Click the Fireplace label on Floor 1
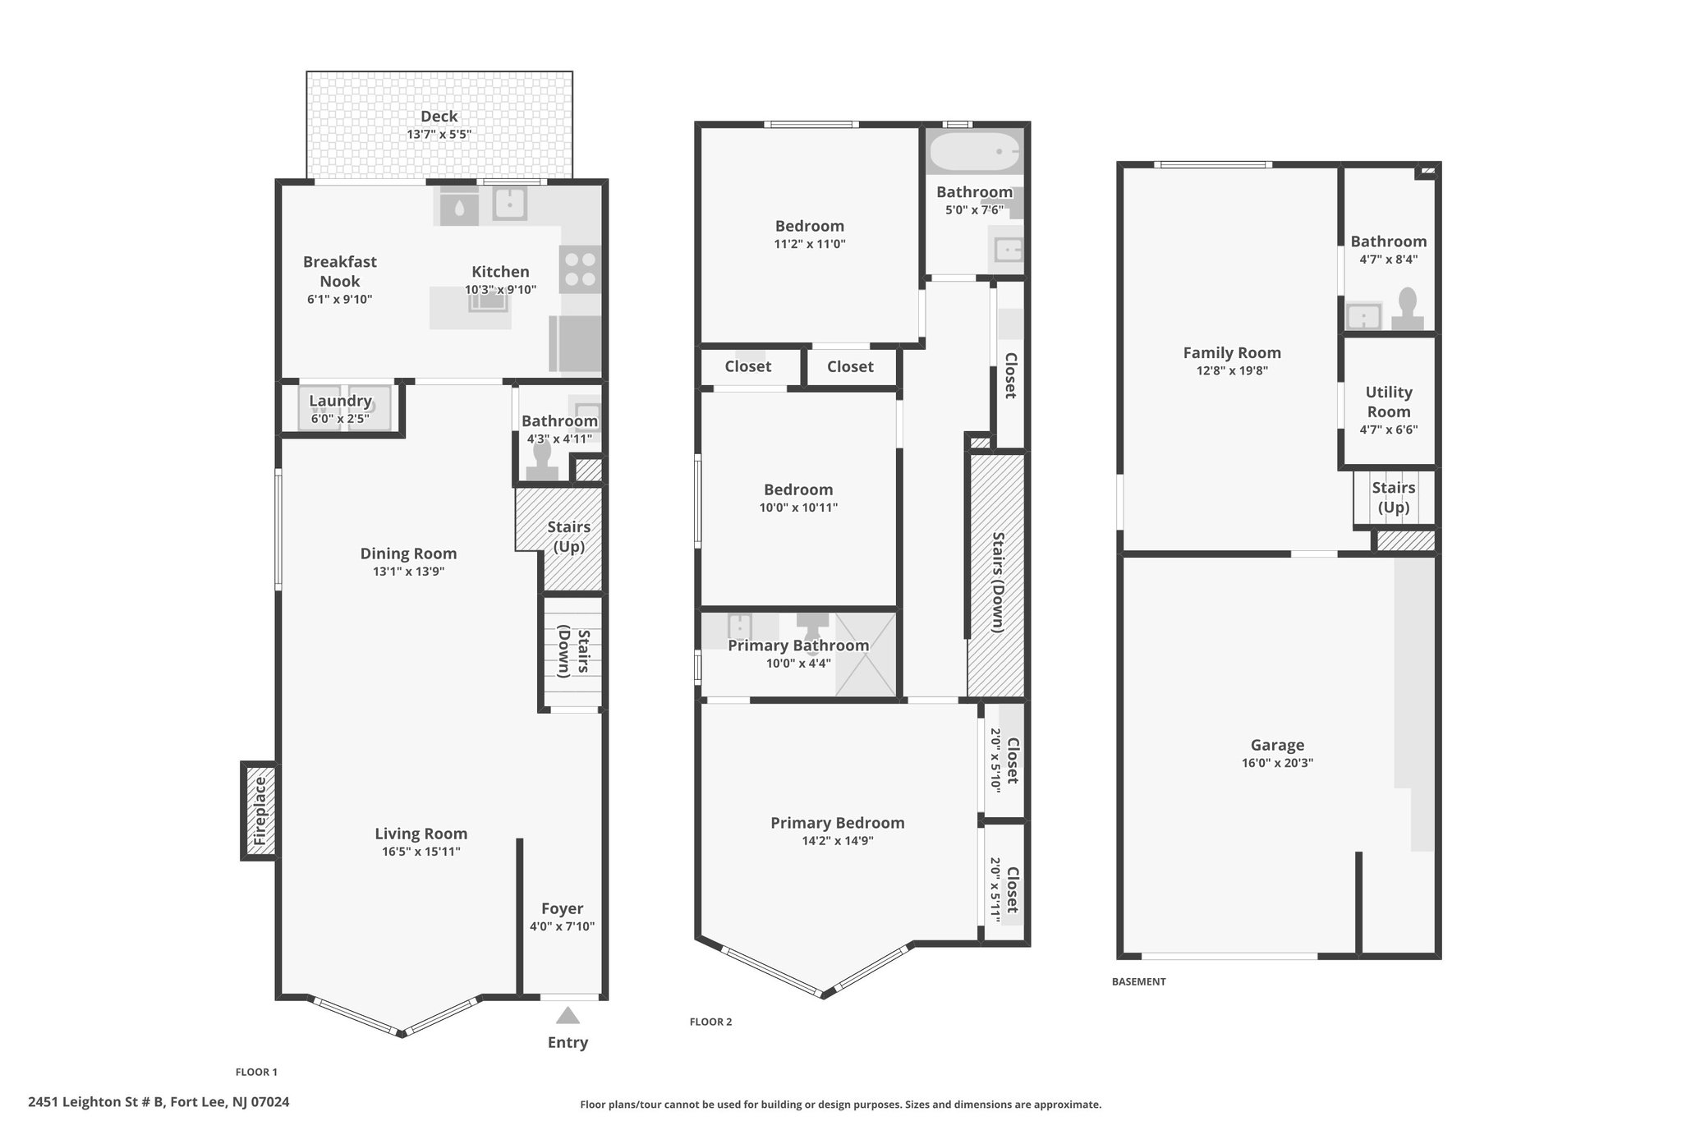260,811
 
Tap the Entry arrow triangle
568,1016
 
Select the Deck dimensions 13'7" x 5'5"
439,135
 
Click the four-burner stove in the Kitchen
580,269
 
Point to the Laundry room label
340,401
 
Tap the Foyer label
563,908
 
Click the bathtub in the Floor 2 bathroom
975,152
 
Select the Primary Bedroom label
838,823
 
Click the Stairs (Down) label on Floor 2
999,582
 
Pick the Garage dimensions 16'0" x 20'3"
1277,763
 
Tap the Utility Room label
1389,402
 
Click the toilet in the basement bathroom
1408,309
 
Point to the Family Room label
1232,352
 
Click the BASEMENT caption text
1138,981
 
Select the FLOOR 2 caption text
710,1022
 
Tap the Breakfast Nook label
340,271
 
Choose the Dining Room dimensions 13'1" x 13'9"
409,572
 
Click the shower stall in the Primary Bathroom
866,655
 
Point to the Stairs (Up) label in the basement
1394,497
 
